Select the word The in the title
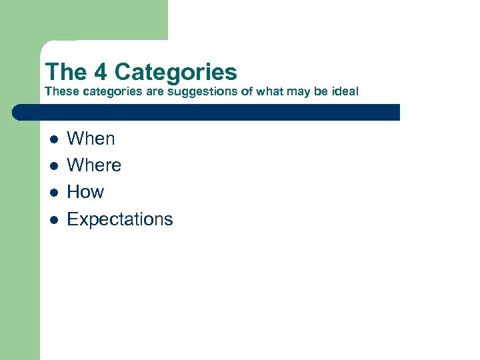click(x=65, y=72)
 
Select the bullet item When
click(x=91, y=139)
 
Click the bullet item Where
click(x=94, y=165)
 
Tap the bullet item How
click(x=85, y=192)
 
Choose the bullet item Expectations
click(x=120, y=219)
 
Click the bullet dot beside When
click(x=55, y=139)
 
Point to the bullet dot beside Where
click(x=55, y=166)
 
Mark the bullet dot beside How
click(x=55, y=193)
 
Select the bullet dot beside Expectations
click(x=55, y=219)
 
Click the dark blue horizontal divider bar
click(x=213, y=112)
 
